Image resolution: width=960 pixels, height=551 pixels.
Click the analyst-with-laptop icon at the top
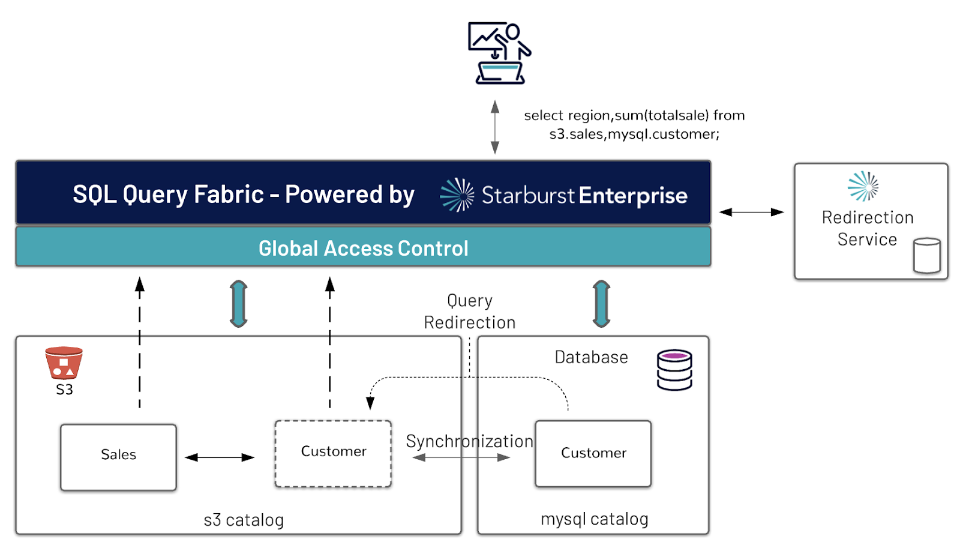pyautogui.click(x=499, y=53)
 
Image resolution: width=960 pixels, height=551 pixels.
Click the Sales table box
pyautogui.click(x=118, y=457)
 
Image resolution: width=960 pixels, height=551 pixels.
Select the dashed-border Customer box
pyautogui.click(x=333, y=454)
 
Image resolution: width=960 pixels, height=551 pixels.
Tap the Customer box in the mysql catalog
pyautogui.click(x=593, y=454)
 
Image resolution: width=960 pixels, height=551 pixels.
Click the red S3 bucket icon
pyautogui.click(x=64, y=363)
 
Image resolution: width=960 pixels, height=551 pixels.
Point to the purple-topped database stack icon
pyautogui.click(x=674, y=370)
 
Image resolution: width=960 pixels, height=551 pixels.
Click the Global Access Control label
pyautogui.click(x=363, y=248)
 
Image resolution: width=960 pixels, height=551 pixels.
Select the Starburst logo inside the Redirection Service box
pyautogui.click(x=863, y=186)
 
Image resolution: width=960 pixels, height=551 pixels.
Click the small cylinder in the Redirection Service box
pyautogui.click(x=927, y=256)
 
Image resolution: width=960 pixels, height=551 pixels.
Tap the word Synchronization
pyautogui.click(x=470, y=441)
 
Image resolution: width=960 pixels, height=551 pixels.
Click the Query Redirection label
pyautogui.click(x=470, y=312)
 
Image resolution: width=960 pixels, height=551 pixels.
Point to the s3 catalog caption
pyautogui.click(x=244, y=520)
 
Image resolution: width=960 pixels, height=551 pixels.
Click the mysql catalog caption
pyautogui.click(x=595, y=519)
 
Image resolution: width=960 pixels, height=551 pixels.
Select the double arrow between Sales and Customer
pyautogui.click(x=220, y=457)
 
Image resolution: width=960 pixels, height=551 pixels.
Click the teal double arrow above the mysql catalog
pyautogui.click(x=601, y=304)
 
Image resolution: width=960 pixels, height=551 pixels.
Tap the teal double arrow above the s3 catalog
pyautogui.click(x=238, y=304)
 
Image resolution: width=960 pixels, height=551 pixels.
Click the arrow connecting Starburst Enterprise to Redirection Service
pyautogui.click(x=751, y=212)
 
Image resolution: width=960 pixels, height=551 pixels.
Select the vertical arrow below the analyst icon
pyautogui.click(x=495, y=127)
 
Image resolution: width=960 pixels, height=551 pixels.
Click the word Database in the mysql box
pyautogui.click(x=592, y=357)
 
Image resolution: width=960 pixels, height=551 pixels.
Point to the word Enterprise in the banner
pyautogui.click(x=633, y=196)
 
